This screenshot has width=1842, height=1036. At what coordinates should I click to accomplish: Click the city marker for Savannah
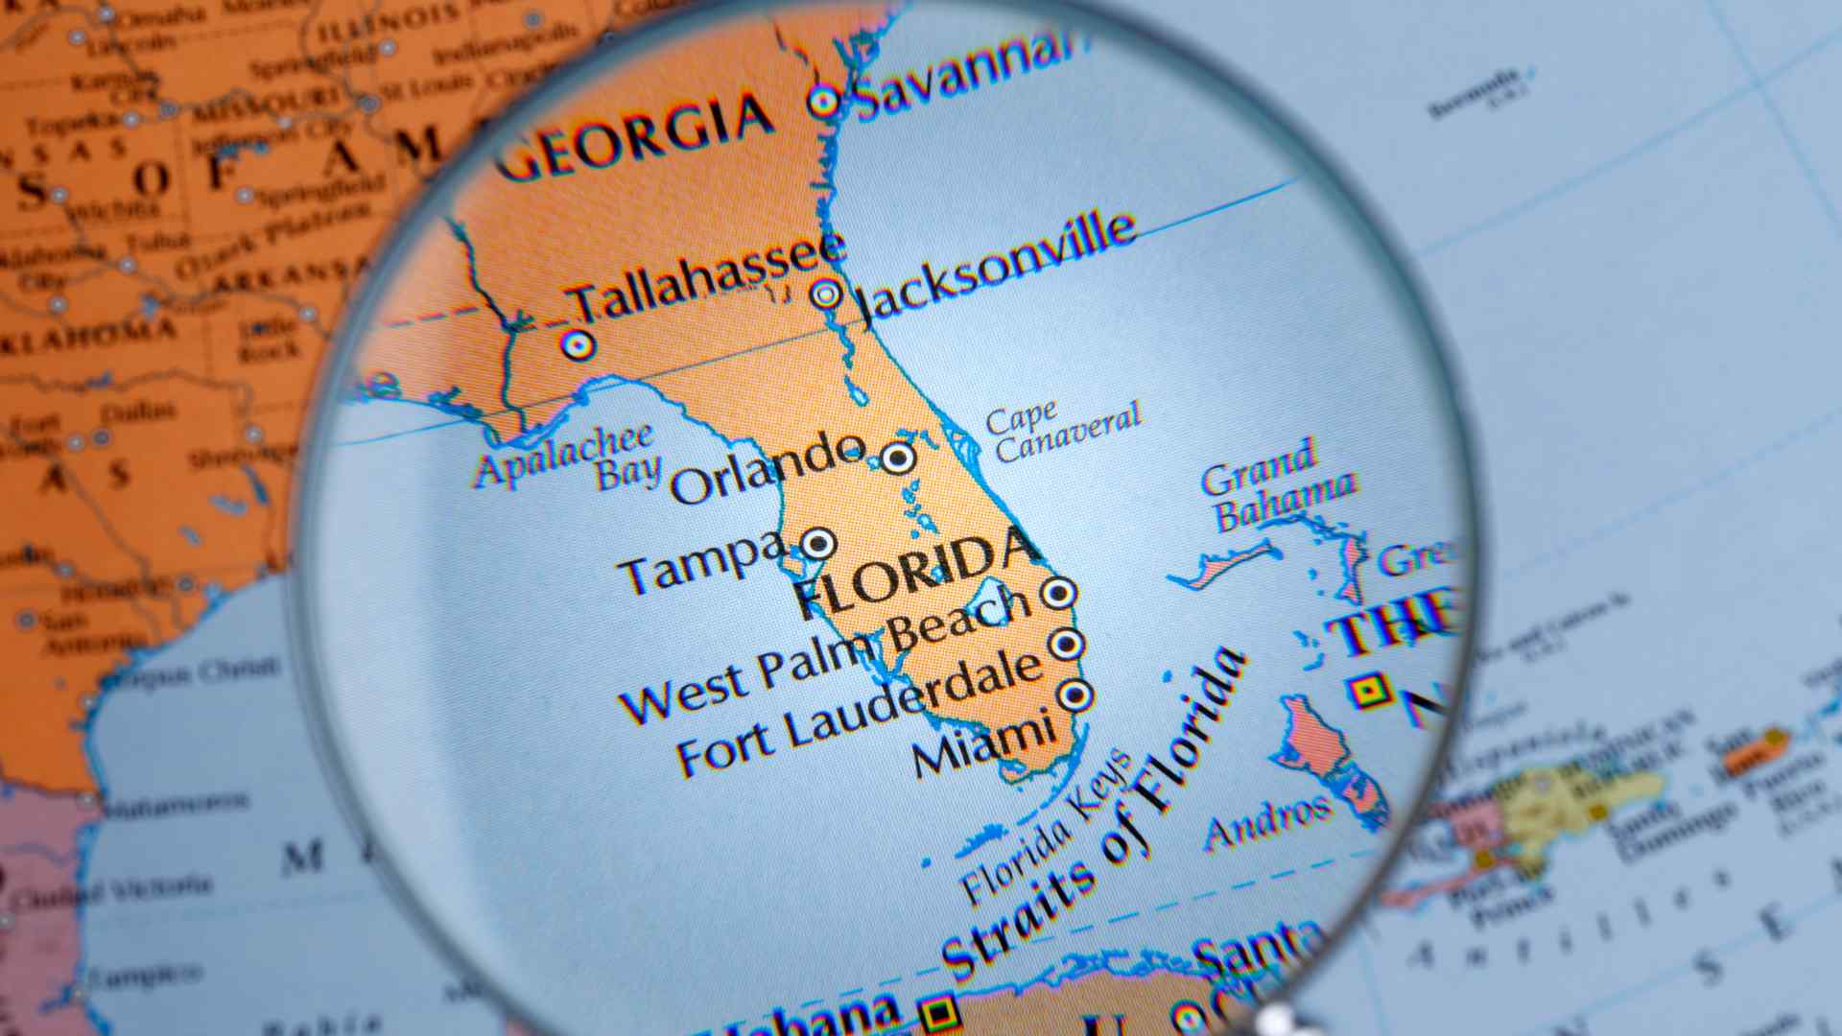[823, 101]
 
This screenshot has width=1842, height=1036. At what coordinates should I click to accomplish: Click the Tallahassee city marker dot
[577, 343]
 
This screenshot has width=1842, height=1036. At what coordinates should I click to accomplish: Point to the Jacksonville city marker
[825, 294]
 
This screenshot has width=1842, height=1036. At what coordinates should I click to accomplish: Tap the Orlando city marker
[898, 458]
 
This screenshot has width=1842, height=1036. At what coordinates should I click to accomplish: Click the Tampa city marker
[818, 544]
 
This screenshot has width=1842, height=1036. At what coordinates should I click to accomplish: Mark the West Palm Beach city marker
[1058, 594]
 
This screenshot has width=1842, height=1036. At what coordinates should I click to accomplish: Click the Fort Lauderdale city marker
[1066, 644]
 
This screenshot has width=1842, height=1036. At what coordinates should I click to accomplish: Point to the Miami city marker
[1074, 694]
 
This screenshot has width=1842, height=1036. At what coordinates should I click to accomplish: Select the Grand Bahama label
[1276, 484]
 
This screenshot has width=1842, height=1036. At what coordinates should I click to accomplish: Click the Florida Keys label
[1046, 830]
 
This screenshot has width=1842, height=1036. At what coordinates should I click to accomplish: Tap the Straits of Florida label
[1094, 815]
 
